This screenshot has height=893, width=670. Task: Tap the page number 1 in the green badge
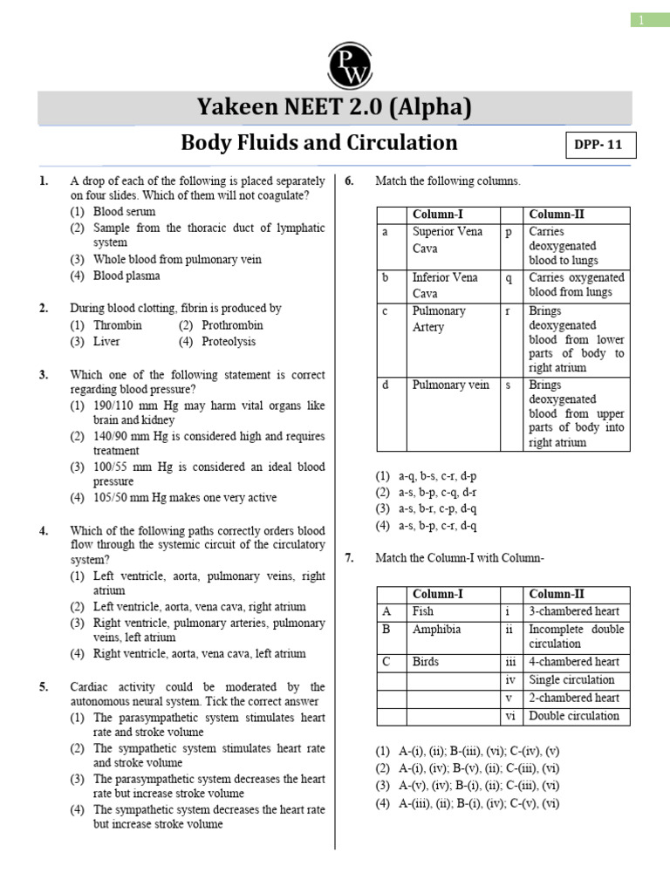[641, 19]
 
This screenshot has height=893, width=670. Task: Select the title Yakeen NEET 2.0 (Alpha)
[336, 107]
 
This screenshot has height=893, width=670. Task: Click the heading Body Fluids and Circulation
[318, 142]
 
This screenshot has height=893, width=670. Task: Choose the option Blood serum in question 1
[124, 211]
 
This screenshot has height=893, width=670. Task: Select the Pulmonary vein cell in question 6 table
[451, 385]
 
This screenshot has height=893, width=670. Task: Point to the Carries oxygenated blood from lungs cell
[576, 285]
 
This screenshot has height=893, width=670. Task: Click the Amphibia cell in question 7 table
[436, 629]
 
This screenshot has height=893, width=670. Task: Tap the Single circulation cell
[571, 679]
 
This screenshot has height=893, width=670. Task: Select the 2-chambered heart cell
[574, 698]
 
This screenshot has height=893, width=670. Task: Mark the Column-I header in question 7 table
[437, 594]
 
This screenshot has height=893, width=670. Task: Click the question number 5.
[44, 686]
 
